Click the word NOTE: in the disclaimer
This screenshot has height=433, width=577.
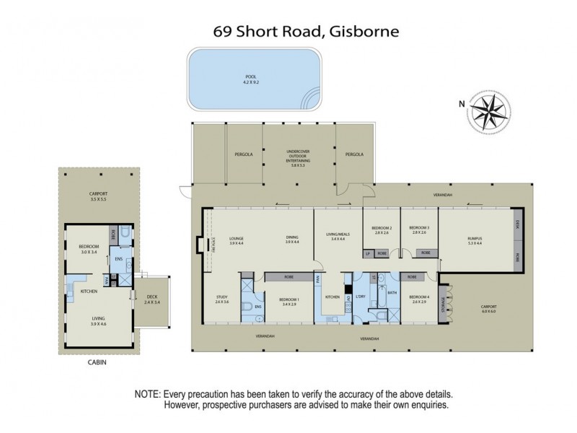tap(148, 394)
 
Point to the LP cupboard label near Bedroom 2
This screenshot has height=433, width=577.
tap(368, 253)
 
